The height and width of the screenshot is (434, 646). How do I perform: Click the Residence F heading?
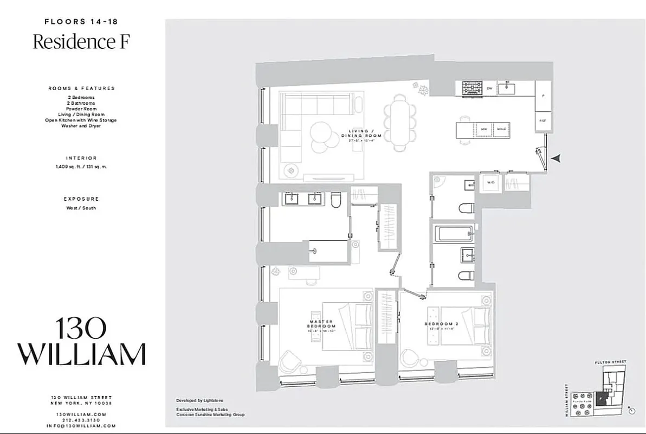coord(81,42)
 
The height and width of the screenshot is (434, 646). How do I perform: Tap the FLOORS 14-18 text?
coord(81,22)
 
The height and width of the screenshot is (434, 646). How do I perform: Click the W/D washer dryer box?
coord(491,183)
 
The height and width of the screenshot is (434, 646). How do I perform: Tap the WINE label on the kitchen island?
coord(501,129)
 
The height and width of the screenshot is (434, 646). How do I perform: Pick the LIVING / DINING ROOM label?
coord(366,134)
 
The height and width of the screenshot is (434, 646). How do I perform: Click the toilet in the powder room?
coord(466,208)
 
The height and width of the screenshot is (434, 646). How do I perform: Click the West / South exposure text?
coord(81,208)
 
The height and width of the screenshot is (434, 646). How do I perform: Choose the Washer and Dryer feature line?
coord(81,126)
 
